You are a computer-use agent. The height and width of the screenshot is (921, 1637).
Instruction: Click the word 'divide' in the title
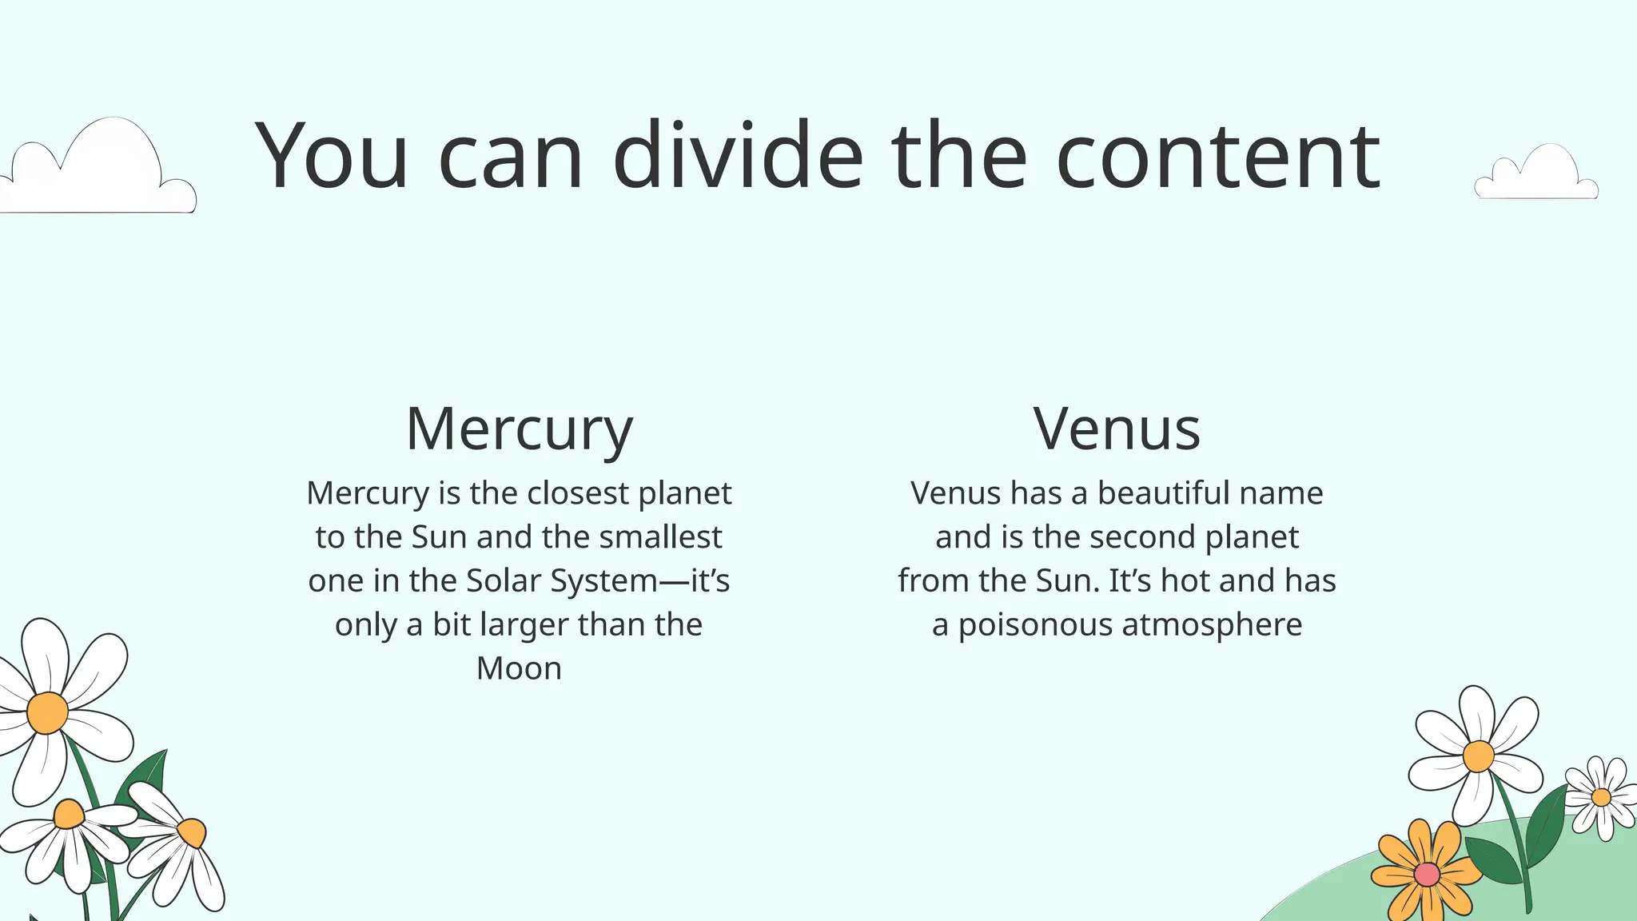[x=738, y=156]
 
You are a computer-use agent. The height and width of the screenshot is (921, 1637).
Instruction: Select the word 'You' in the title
[x=332, y=156]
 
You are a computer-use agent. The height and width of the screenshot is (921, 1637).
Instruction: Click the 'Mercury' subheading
[x=519, y=429]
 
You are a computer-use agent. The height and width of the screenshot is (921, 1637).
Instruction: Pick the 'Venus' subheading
[x=1117, y=429]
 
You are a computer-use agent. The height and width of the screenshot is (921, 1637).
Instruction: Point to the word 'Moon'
[x=519, y=668]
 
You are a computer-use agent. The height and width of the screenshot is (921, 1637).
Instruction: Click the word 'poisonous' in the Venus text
[x=1035, y=625]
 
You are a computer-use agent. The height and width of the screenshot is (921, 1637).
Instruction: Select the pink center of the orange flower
[x=1427, y=875]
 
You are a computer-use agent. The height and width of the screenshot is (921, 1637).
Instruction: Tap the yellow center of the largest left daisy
[x=47, y=712]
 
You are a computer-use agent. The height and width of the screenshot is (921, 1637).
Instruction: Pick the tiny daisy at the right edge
[x=1601, y=797]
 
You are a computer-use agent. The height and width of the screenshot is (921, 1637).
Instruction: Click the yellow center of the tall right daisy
[x=1478, y=756]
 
